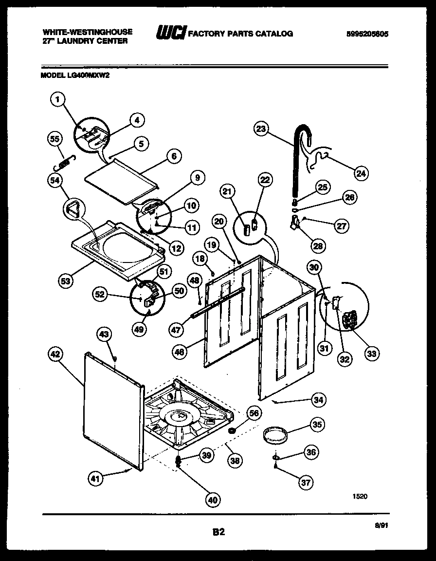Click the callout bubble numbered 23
click(x=261, y=129)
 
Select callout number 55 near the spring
click(x=56, y=139)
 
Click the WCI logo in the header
click(x=170, y=33)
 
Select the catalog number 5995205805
click(x=368, y=34)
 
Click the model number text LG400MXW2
click(x=85, y=75)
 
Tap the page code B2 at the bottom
click(x=218, y=532)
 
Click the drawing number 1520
click(x=360, y=496)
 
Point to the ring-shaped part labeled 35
click(x=274, y=435)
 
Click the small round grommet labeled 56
click(x=233, y=430)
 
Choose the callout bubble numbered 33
click(x=372, y=354)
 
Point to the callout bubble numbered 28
click(x=318, y=246)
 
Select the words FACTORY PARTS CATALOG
click(x=240, y=34)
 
